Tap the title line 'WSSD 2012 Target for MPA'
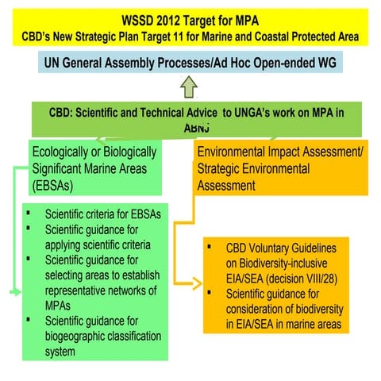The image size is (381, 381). (x=190, y=19)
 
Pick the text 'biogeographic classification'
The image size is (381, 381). (x=103, y=335)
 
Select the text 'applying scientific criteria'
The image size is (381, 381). (x=98, y=244)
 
